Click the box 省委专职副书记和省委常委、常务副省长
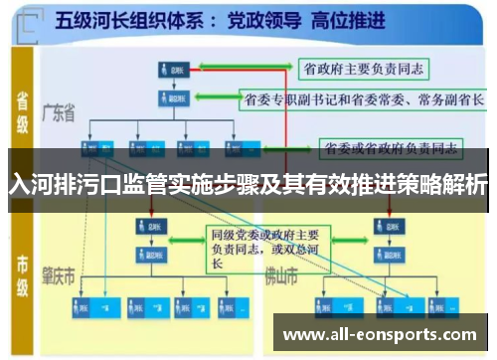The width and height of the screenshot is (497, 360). click(364, 99)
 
